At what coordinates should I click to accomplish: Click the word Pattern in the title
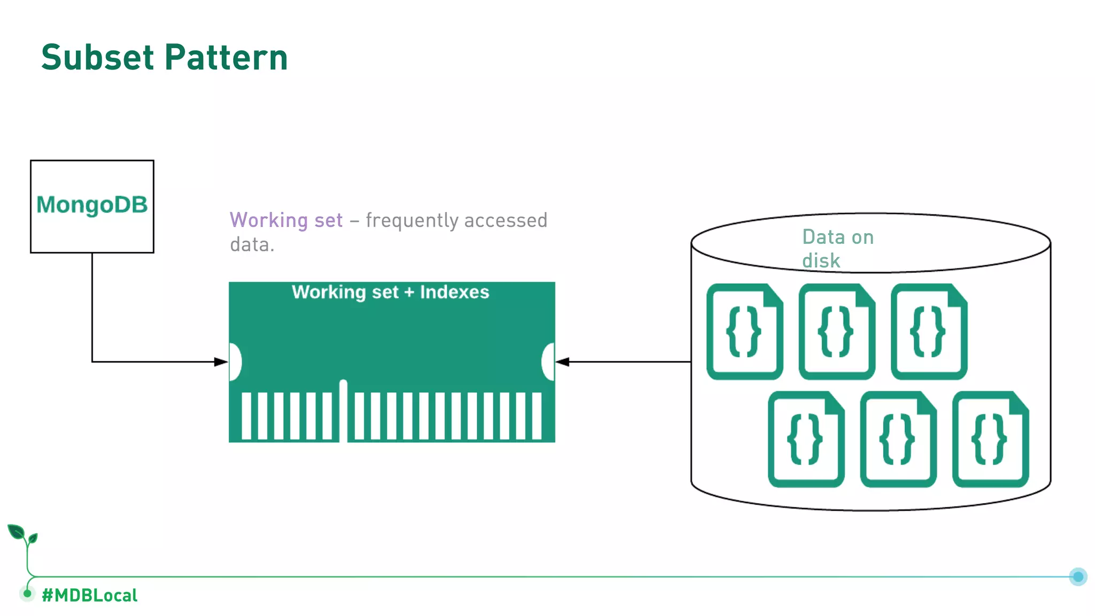226,57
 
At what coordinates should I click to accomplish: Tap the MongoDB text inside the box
92,205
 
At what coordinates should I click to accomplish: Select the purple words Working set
286,220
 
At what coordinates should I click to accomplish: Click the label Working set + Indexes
390,292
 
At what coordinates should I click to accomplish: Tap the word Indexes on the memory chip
454,292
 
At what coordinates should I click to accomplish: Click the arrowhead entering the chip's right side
562,362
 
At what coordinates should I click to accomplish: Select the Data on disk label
837,249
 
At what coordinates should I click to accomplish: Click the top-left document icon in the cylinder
744,332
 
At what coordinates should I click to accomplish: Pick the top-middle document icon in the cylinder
837,332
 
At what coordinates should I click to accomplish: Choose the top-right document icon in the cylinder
929,332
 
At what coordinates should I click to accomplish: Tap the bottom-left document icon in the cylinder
806,440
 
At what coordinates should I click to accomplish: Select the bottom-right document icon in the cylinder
990,440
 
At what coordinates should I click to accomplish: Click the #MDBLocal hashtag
89,595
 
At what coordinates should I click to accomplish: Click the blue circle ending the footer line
1078,576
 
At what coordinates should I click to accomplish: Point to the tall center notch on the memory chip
343,409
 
